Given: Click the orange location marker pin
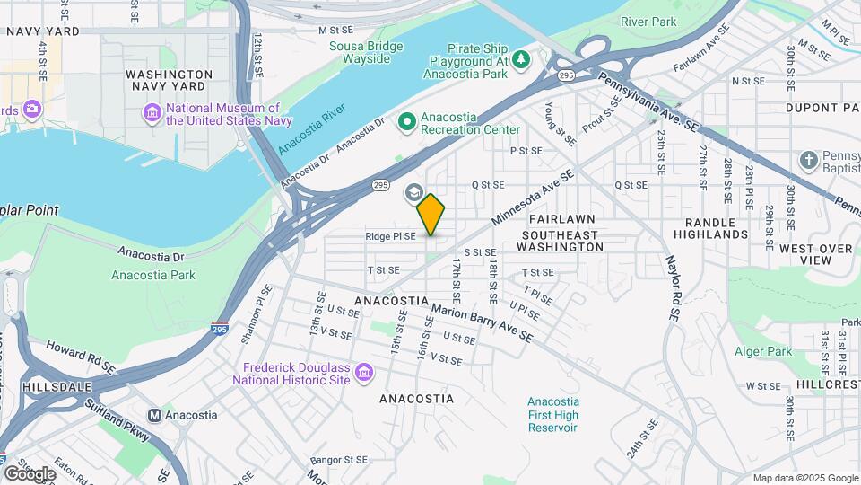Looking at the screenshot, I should tap(431, 214).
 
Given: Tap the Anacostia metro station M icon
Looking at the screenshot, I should tap(154, 415).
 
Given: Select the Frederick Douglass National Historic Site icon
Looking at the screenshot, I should tap(364, 372).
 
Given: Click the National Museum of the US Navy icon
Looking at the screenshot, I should tap(152, 113).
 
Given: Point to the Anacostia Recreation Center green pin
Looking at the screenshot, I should tap(406, 119).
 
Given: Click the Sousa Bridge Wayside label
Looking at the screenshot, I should tap(360, 52).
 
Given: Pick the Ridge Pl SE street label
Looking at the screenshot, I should tap(390, 236).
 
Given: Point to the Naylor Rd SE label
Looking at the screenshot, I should tap(673, 288).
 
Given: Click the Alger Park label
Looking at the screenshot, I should tap(763, 351).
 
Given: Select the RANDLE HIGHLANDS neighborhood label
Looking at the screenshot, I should tap(716, 228).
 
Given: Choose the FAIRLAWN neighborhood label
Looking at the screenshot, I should tap(563, 219).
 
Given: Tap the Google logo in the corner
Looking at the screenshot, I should tap(30, 472).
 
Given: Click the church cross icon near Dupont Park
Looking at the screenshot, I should tap(808, 160).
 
